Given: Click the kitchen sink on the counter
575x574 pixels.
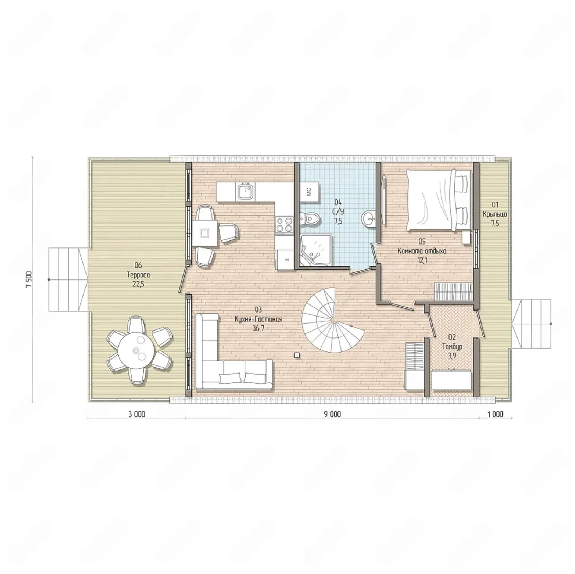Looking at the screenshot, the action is pos(246,191).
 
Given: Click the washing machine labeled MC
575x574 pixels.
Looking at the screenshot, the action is pos(310,191).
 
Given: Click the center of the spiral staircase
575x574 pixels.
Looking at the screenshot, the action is pos(333,319).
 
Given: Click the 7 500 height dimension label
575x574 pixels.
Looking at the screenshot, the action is pos(29,279).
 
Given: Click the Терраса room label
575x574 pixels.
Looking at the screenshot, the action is pos(138,274).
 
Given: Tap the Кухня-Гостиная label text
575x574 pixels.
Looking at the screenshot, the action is pos(258,319).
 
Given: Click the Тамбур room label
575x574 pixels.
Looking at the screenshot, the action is pos(452,347).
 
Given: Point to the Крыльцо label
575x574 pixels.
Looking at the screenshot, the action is pos(495,215).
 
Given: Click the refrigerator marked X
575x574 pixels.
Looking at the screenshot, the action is pos(287,260).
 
